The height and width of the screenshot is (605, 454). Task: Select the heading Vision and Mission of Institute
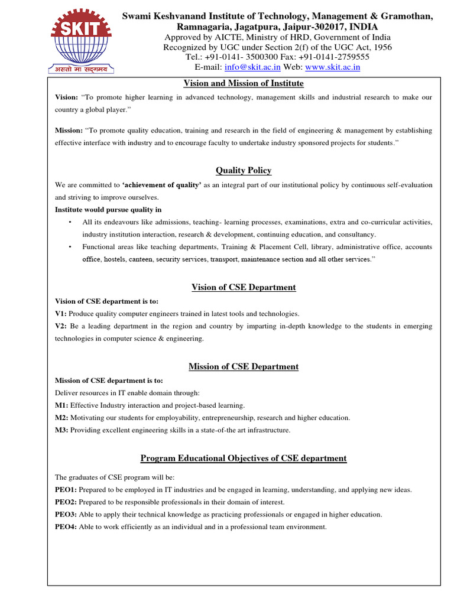(244, 83)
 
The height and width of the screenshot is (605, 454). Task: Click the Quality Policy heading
(244, 171)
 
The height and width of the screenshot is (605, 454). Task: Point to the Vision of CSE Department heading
(244, 288)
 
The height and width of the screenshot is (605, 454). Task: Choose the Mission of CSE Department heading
(244, 367)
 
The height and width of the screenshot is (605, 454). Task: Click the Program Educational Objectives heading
(244, 458)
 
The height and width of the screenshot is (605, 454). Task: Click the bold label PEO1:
(66, 490)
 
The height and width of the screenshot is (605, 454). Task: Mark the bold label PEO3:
(66, 515)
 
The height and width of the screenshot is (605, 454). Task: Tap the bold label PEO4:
(66, 527)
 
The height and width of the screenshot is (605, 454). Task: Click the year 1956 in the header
(380, 47)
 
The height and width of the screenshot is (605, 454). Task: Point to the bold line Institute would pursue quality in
(108, 210)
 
